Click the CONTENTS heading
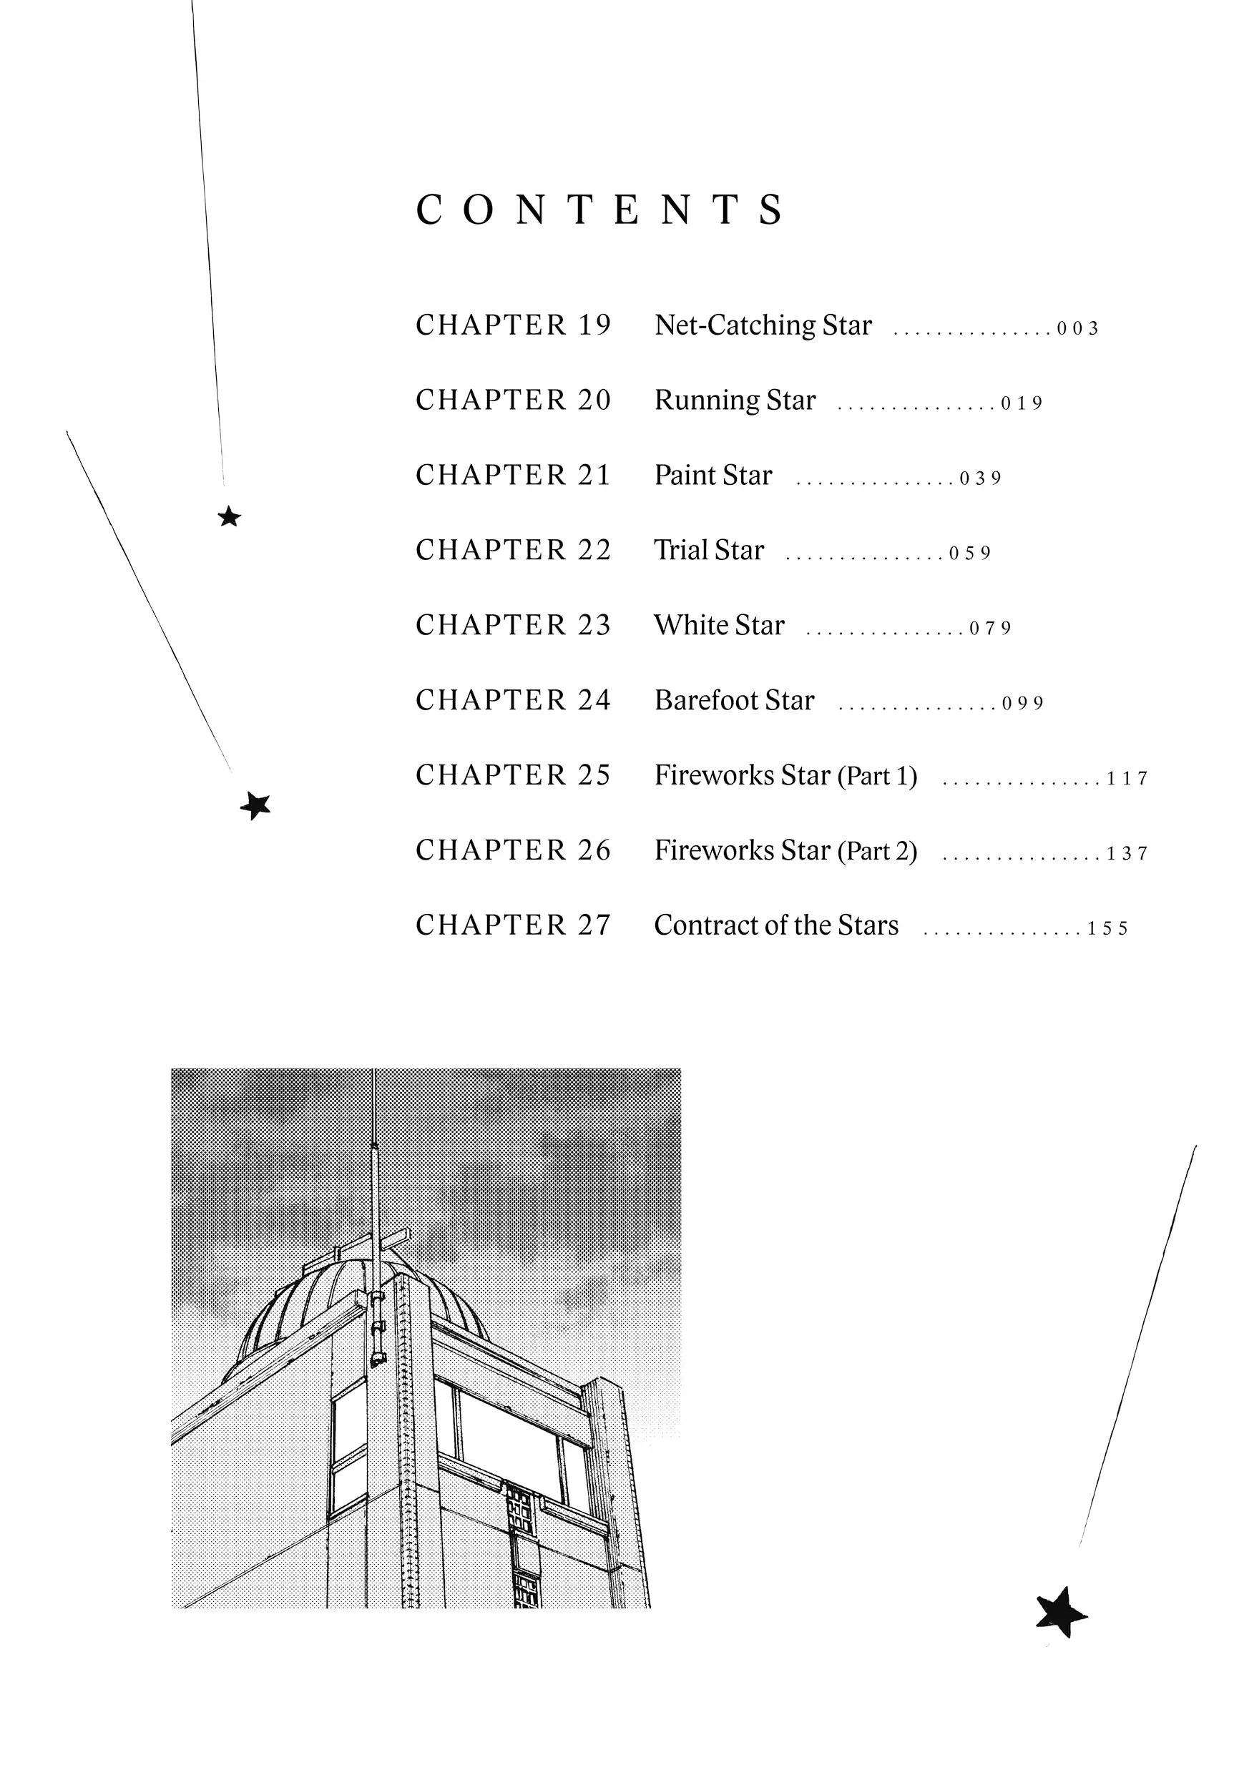[x=600, y=210]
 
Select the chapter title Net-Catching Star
[x=763, y=325]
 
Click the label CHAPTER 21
[x=513, y=475]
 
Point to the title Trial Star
[x=709, y=551]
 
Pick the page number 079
[x=989, y=629]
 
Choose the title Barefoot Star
[x=733, y=700]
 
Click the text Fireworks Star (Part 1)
[x=785, y=775]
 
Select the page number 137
[x=1127, y=853]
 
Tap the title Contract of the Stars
[x=776, y=925]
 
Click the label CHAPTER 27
[x=513, y=925]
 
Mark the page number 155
[x=1107, y=928]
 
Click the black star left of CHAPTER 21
[x=229, y=516]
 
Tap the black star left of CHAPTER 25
[x=255, y=805]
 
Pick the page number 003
[x=1077, y=328]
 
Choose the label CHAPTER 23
[x=513, y=625]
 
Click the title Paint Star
[x=713, y=476]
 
